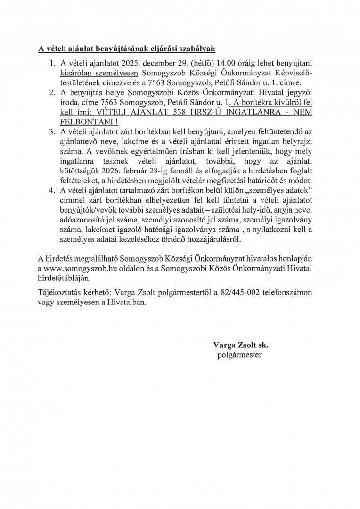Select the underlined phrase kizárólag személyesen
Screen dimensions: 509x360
[96, 73]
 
